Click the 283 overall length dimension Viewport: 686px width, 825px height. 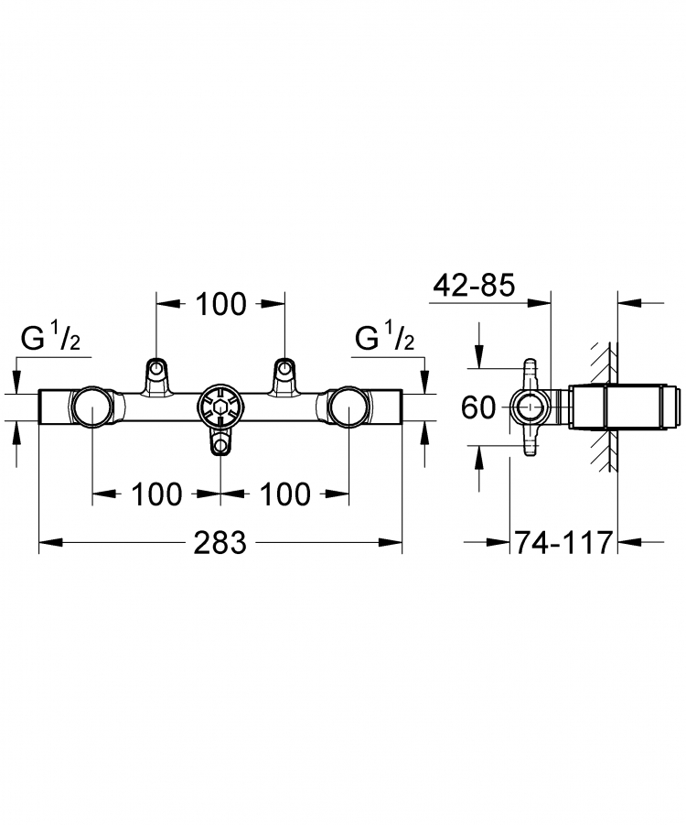click(x=220, y=542)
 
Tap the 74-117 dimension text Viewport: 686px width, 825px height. click(x=563, y=542)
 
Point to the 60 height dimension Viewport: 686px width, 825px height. click(x=477, y=407)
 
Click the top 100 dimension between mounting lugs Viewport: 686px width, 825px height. click(x=220, y=304)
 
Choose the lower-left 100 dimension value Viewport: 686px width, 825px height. click(x=156, y=494)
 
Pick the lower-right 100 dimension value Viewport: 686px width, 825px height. click(x=284, y=494)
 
